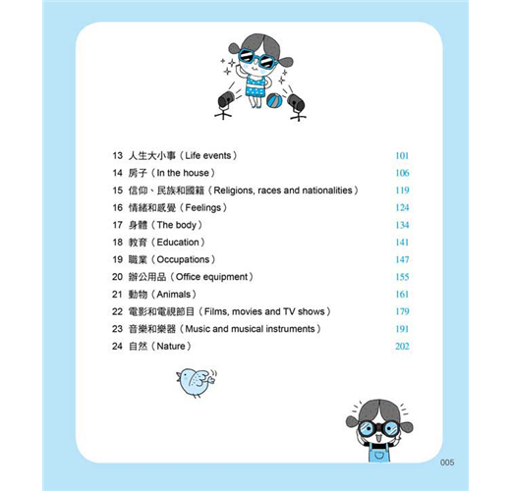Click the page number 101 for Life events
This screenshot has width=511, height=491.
402,155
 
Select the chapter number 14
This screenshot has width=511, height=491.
117,173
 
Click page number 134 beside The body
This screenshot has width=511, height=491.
402,225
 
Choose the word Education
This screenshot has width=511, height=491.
178,243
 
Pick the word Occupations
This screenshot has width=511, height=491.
183,260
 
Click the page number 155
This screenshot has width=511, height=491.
402,277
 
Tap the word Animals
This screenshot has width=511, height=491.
174,295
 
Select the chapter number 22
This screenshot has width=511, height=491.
117,311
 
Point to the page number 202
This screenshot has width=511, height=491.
402,347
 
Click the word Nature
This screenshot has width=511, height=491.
171,347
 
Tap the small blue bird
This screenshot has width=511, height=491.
196,382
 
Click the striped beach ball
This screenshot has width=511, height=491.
274,101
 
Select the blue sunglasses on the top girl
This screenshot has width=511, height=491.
258,59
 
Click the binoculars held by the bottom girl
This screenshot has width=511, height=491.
378,428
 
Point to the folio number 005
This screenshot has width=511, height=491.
447,463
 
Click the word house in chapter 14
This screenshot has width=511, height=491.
196,173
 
